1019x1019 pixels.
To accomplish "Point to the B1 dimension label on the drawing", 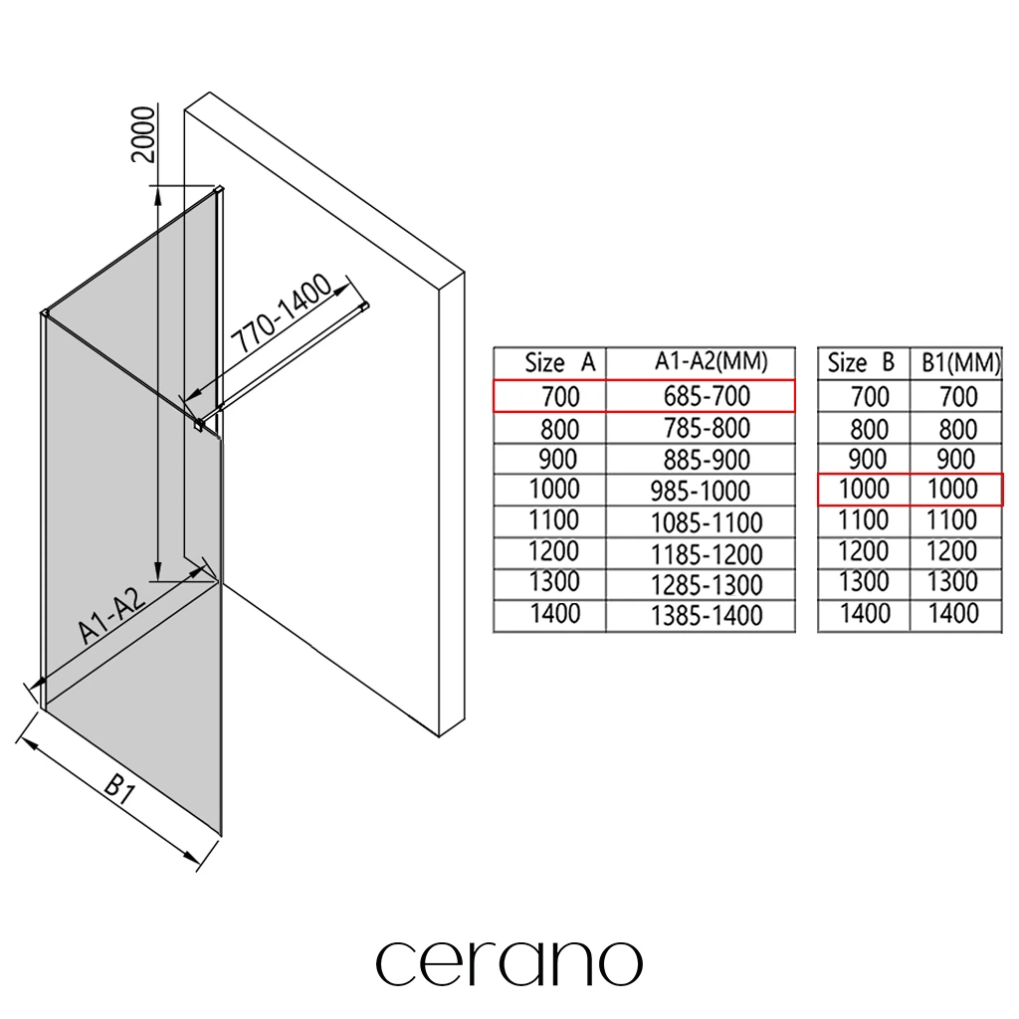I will (x=119, y=791).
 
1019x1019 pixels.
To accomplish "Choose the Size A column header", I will (x=559, y=363).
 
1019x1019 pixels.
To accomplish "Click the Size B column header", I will (x=862, y=363).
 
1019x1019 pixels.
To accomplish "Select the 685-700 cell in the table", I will (x=707, y=396).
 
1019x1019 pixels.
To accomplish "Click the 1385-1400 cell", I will (x=707, y=616).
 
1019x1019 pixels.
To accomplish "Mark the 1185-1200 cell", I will (x=707, y=553).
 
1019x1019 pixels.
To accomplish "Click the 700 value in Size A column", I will (x=559, y=397).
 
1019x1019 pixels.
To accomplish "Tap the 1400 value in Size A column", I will (x=555, y=614).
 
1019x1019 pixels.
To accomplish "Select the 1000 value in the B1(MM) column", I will (x=952, y=490).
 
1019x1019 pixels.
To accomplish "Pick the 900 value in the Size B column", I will (x=869, y=460).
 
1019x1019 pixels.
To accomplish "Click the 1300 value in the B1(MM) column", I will (x=952, y=582).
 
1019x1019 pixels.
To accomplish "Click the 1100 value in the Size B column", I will (x=865, y=519).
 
